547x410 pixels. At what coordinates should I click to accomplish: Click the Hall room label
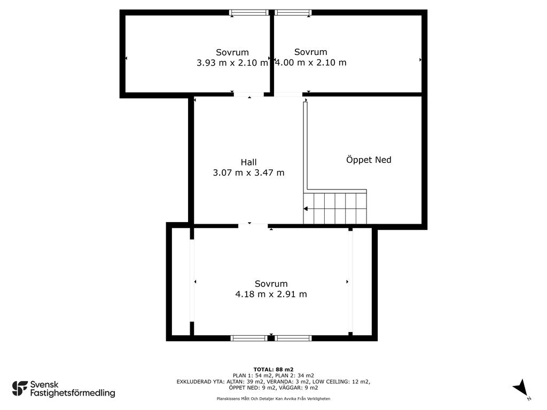point(248,162)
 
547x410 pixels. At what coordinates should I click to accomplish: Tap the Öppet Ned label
point(369,160)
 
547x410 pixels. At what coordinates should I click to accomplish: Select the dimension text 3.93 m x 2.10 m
point(232,63)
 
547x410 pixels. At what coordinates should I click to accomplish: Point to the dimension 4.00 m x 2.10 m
point(310,62)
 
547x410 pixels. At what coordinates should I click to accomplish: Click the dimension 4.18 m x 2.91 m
point(271,294)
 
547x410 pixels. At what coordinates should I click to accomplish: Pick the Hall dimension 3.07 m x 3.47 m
point(248,172)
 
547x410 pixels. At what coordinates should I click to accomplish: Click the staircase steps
point(335,209)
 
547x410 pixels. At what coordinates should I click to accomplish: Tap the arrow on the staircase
point(306,209)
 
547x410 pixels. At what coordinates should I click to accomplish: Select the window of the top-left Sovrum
point(249,13)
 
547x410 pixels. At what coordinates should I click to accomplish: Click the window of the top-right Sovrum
point(293,13)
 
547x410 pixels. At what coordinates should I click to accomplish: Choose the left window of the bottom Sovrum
point(249,338)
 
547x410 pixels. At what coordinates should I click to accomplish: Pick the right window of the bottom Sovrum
point(293,338)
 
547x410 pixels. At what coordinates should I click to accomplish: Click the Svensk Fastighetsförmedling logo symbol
point(20,389)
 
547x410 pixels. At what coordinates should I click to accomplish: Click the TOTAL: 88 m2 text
point(273,369)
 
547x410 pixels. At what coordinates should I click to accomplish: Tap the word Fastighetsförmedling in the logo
point(73,393)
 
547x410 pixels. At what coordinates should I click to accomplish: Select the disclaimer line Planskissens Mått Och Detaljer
point(273,398)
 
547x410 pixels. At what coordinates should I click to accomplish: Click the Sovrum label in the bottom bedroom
point(271,284)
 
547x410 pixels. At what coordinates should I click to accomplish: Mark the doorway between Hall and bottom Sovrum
point(253,226)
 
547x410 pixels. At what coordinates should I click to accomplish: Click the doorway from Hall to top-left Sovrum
point(249,94)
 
